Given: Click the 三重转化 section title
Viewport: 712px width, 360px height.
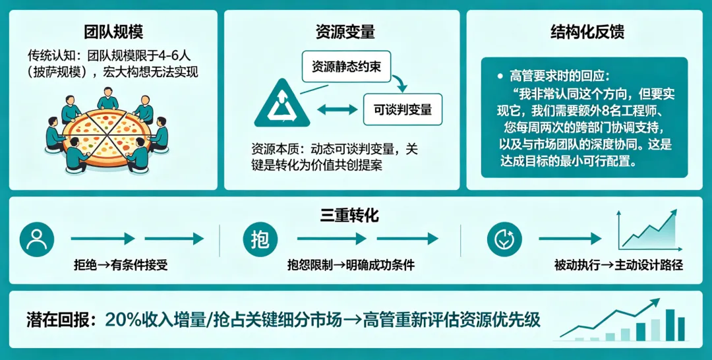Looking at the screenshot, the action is coord(349,215).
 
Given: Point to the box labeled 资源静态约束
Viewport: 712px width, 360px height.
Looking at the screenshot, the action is coord(346,67).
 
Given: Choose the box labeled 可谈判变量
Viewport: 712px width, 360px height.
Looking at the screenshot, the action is coord(403,109).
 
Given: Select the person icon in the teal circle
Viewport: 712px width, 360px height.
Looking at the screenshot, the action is coord(36,240).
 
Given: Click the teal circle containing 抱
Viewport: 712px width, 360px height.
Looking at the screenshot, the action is coord(260,240).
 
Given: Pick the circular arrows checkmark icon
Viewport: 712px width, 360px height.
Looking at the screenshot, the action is coord(504,240).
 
